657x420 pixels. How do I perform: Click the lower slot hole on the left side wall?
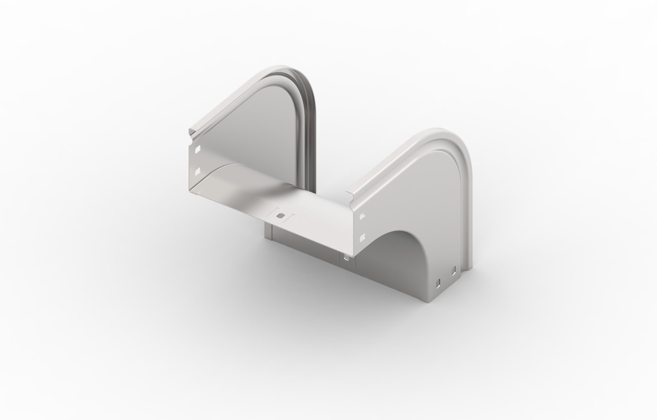tap(198, 171)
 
